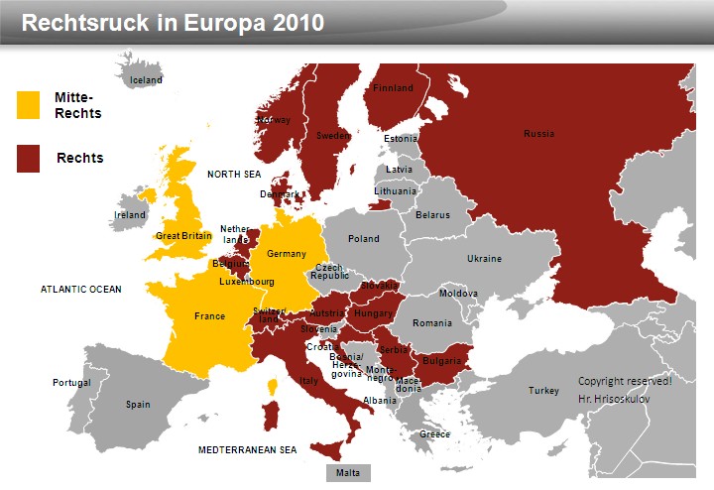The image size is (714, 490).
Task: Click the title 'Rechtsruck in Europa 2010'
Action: coord(173,22)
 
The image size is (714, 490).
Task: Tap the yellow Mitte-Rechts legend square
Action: coord(28,105)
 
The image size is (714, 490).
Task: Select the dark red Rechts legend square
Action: coord(28,158)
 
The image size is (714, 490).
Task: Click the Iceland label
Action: coord(146,80)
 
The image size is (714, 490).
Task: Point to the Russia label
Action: coord(539,134)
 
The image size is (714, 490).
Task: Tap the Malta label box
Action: coord(347,472)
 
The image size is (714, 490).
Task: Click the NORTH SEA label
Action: coord(233,175)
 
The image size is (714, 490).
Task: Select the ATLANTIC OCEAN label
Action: coord(81,290)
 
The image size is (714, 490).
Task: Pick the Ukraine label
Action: coord(484,259)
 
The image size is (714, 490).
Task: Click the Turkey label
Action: coord(543,391)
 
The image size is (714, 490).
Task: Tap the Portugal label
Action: coord(71,383)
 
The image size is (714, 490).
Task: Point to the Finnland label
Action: coord(394,88)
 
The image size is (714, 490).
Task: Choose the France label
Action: coord(209,316)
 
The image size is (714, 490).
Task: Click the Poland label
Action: coord(364,239)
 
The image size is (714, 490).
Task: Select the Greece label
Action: coord(434,434)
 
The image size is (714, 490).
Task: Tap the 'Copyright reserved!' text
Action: coord(625,381)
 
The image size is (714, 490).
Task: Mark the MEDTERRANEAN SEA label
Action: coord(247,450)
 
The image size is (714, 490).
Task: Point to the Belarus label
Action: coord(432,215)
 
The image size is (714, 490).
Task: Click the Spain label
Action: coord(138,405)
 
